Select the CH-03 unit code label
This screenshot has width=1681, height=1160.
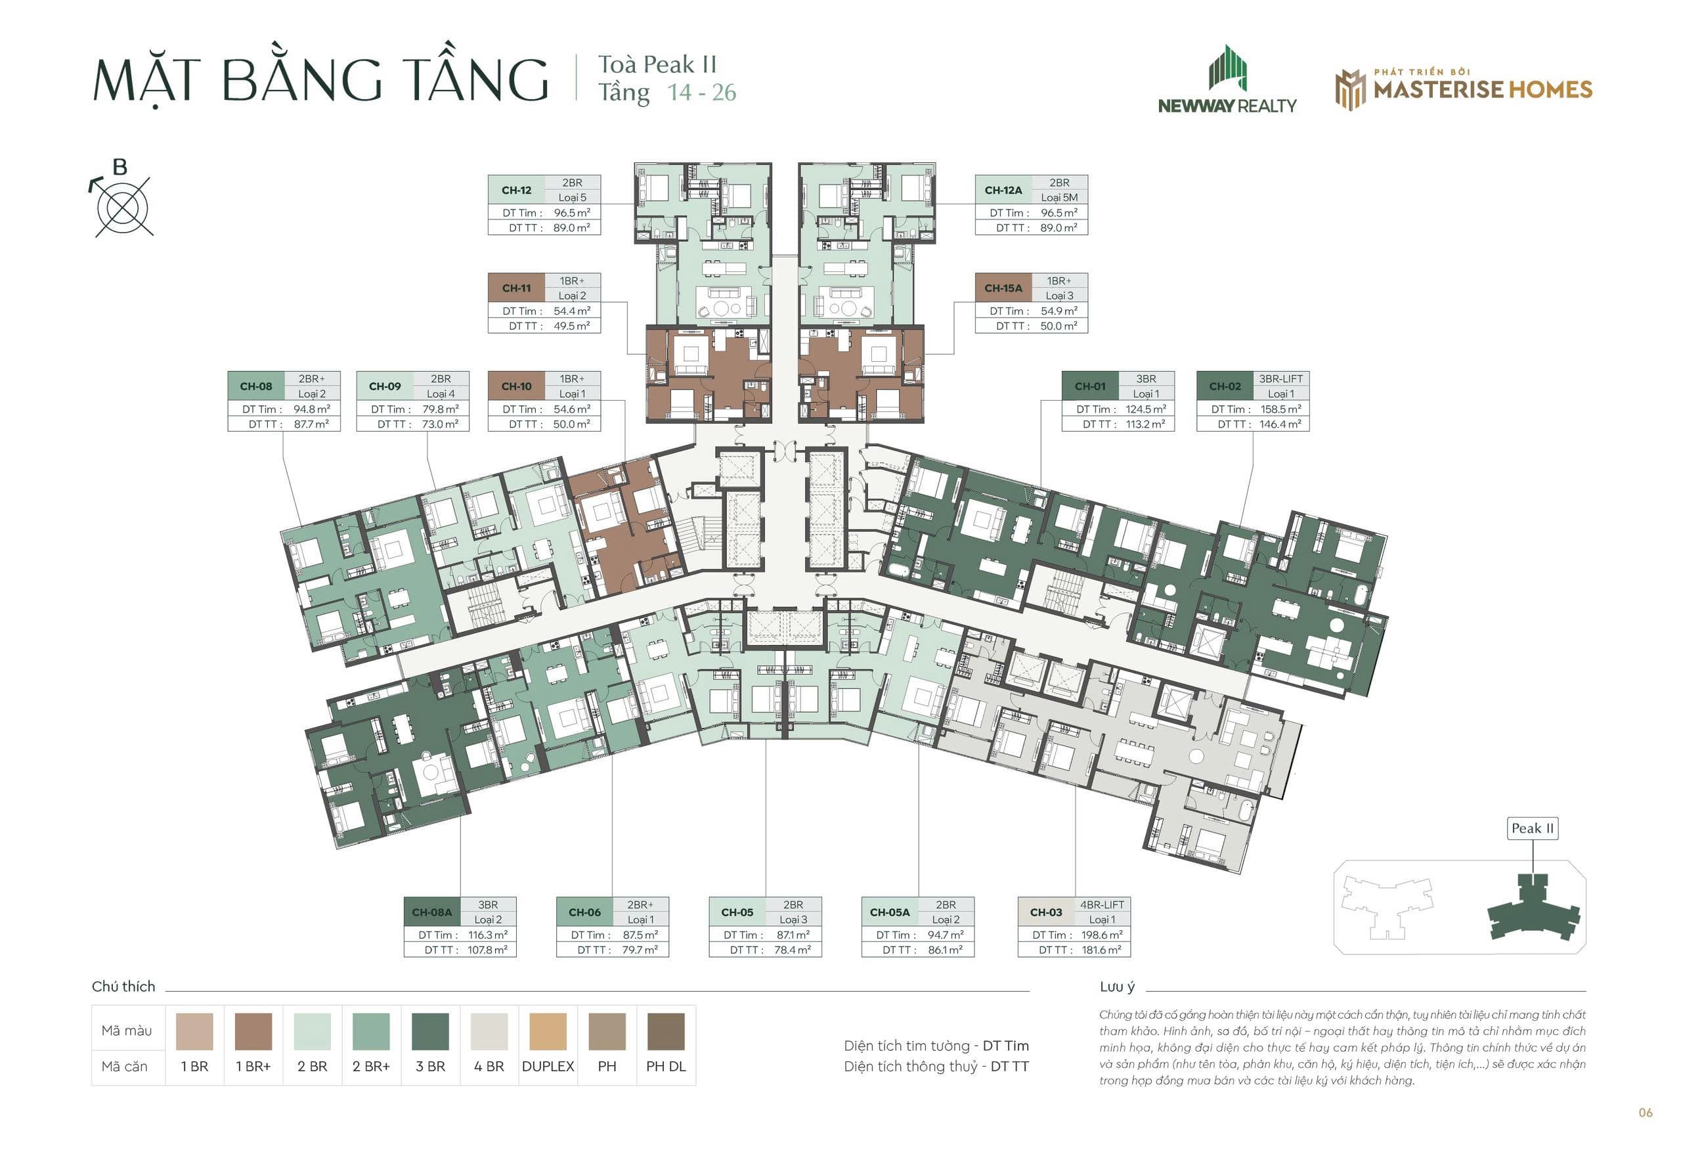point(1045,912)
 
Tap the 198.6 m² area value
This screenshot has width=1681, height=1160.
point(1101,935)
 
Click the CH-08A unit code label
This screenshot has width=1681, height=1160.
point(431,912)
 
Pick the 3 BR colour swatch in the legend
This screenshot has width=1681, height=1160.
point(430,1031)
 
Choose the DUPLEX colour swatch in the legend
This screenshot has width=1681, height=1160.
point(548,1031)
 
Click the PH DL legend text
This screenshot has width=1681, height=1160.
point(665,1066)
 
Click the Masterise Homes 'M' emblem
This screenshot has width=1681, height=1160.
point(1351,90)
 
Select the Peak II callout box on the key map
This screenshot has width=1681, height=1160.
point(1532,828)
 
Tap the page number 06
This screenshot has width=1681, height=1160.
point(1646,1113)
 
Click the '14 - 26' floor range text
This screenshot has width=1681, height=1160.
point(702,93)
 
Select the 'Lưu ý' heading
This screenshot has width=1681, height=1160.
point(1116,987)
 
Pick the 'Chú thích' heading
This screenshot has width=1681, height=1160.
point(123,987)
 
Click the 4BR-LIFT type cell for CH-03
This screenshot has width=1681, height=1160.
point(1102,905)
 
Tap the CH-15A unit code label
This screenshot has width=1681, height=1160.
point(1003,288)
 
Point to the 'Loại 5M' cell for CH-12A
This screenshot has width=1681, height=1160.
point(1059,198)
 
